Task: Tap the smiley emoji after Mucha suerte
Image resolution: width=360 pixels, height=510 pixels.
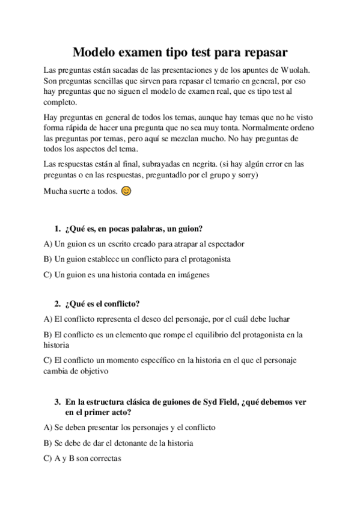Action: [126, 192]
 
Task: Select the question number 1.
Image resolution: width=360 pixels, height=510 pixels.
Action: [57, 229]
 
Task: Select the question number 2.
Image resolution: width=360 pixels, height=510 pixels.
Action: [57, 304]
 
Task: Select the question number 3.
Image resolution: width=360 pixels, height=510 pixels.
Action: [57, 402]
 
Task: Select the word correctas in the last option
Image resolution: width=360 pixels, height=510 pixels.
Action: [103, 458]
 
